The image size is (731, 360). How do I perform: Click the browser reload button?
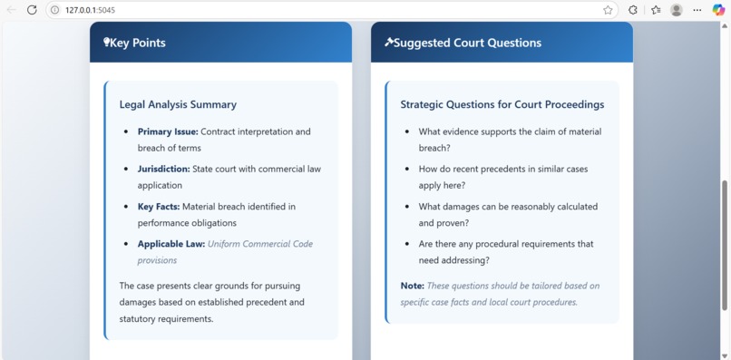click(32, 10)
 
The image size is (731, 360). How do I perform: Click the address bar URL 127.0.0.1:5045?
click(90, 10)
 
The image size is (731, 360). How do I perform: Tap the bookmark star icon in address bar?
click(608, 10)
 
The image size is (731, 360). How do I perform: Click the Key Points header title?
click(137, 43)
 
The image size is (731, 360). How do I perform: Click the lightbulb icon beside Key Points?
click(106, 43)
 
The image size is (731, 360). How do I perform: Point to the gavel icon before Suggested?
click(389, 42)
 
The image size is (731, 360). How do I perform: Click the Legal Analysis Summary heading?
click(178, 104)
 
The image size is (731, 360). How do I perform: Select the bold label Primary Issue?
click(168, 131)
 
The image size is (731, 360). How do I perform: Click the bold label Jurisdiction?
click(164, 169)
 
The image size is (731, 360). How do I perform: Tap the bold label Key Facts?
click(159, 207)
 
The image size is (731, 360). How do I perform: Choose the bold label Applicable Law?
click(171, 244)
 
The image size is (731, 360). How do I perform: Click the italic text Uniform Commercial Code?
click(260, 244)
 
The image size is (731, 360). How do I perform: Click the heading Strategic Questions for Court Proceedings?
click(502, 104)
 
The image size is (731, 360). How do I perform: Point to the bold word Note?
click(413, 286)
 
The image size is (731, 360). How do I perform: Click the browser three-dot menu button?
click(697, 10)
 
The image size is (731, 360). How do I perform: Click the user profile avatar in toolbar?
click(676, 10)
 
